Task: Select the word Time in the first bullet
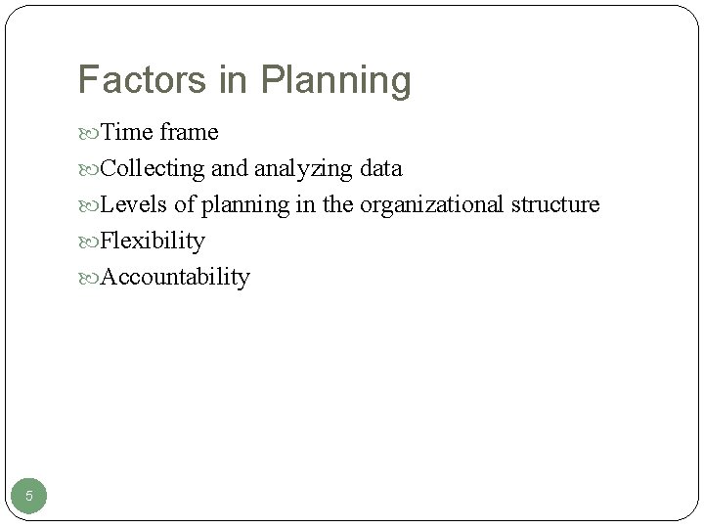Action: [124, 132]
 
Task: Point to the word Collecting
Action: [152, 169]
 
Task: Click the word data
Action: [380, 168]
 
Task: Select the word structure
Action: [554, 204]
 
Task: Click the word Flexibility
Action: [153, 241]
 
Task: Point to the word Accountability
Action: [175, 278]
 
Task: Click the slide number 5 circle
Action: [29, 496]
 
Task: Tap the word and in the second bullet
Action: [230, 168]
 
